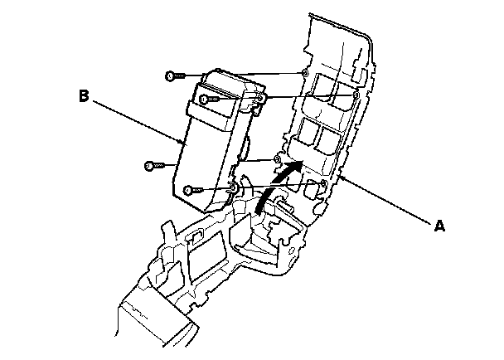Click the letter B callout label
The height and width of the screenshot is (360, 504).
(x=84, y=96)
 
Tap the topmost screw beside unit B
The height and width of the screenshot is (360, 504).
(x=171, y=76)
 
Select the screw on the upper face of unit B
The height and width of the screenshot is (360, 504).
(x=206, y=100)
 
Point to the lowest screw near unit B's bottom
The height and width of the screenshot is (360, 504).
(x=191, y=190)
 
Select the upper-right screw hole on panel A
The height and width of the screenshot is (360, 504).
(x=356, y=96)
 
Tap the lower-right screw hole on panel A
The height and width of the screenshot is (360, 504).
(x=322, y=182)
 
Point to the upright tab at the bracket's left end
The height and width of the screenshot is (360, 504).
(x=167, y=232)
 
